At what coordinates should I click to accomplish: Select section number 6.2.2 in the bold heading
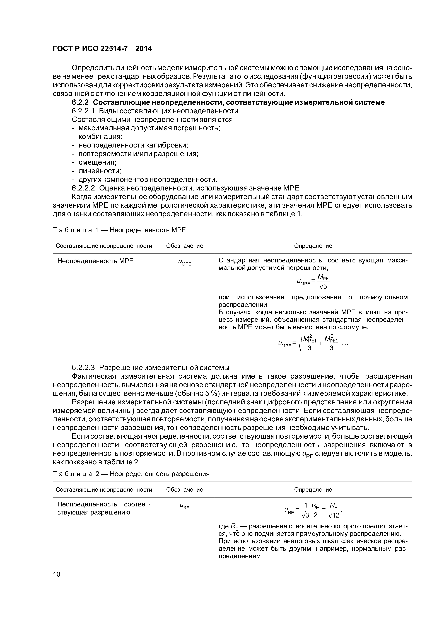pyautogui.click(x=80, y=102)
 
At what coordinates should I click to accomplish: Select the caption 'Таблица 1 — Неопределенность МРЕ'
pyautogui.click(x=119, y=230)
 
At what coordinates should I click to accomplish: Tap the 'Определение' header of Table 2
pyautogui.click(x=313, y=490)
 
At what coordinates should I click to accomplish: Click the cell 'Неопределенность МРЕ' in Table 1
pyautogui.click(x=95, y=261)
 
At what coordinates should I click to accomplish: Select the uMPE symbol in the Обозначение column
pyautogui.click(x=184, y=263)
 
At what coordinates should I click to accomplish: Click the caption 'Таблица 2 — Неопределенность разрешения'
pyautogui.click(x=131, y=474)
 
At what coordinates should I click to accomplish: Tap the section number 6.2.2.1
pyautogui.click(x=83, y=111)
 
